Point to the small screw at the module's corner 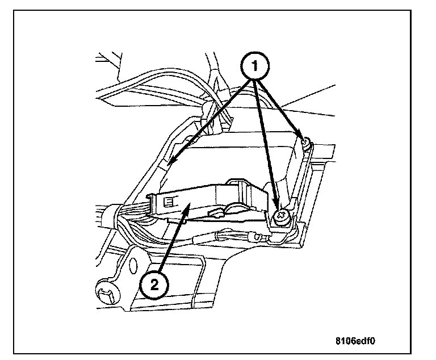pos(305,140)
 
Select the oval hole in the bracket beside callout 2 pos(134,265)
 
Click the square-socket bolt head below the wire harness pos(105,293)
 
